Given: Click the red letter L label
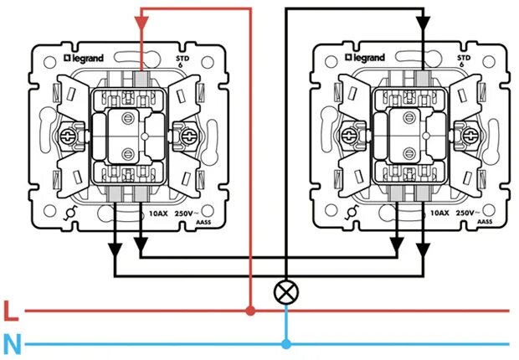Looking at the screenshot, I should point(10,313).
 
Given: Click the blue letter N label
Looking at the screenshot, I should point(10,343).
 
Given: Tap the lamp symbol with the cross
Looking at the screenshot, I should point(286,292).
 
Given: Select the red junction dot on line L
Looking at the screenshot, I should point(250,311).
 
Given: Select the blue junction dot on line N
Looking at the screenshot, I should point(286,343).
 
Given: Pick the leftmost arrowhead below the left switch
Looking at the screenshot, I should point(115,249).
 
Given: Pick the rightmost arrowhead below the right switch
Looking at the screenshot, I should point(424,249).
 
